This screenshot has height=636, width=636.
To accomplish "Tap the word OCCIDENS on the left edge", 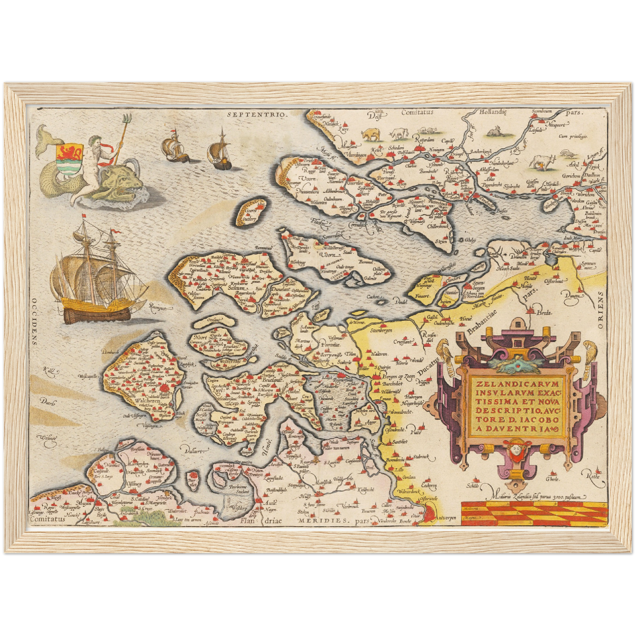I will point(34,321).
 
